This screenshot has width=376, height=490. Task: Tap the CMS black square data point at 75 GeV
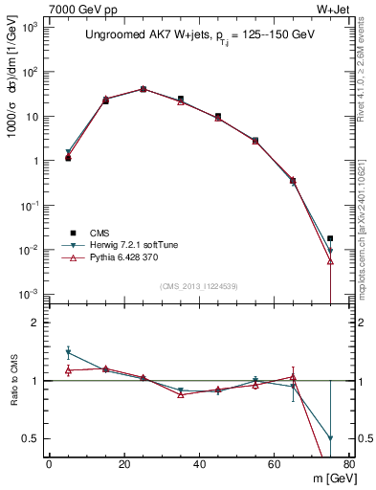[x=330, y=238]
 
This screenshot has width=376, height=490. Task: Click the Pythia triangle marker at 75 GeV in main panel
[x=330, y=260]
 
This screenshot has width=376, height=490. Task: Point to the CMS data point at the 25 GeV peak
[x=143, y=89]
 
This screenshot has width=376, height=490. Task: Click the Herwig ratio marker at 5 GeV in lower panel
[x=68, y=352]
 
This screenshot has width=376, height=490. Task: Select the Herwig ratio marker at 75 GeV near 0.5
[x=330, y=438]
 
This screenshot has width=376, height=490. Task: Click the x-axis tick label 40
[x=199, y=464]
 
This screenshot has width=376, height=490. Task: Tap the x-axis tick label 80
[x=348, y=464]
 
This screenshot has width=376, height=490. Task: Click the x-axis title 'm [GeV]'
[x=328, y=479]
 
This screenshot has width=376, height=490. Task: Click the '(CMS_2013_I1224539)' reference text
[x=198, y=285]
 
